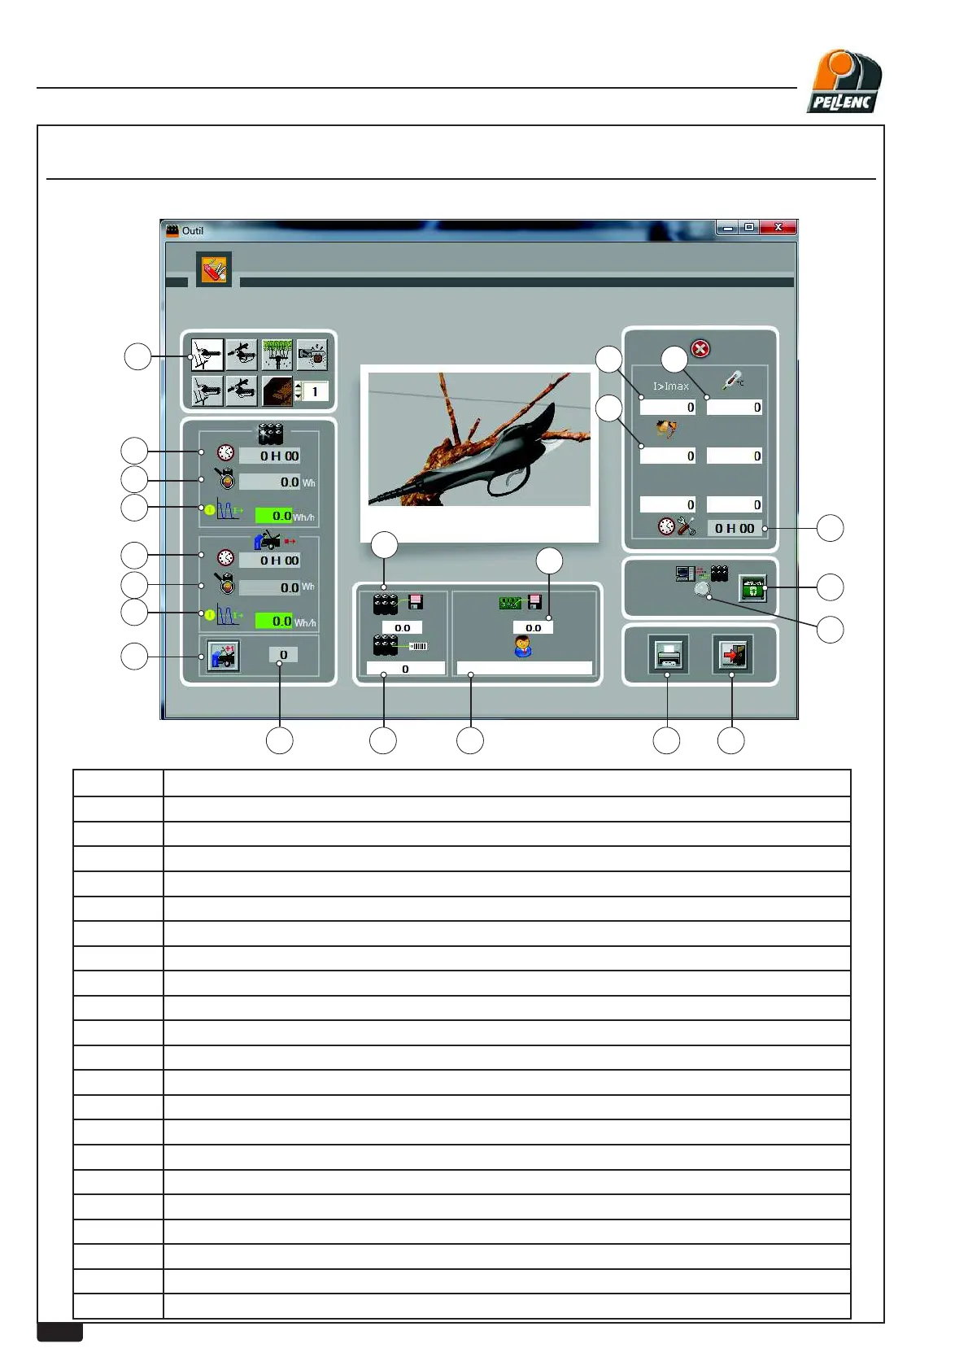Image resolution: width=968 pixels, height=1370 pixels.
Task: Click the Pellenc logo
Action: [844, 82]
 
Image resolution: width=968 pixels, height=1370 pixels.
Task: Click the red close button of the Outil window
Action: [778, 228]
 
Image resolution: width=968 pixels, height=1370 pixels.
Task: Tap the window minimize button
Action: [727, 228]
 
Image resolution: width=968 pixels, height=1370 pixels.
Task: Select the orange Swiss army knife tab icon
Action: [214, 270]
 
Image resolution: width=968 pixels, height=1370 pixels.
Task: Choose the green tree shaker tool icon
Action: [277, 355]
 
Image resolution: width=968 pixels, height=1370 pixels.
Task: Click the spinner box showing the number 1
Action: [315, 391]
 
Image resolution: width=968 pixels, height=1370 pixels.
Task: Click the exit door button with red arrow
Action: [732, 654]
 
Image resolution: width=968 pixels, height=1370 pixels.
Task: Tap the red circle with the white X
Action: [700, 349]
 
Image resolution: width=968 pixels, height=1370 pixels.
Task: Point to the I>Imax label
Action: [670, 386]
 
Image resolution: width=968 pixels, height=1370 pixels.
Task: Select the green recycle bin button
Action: [753, 587]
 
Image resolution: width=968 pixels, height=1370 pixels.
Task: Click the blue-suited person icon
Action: [523, 647]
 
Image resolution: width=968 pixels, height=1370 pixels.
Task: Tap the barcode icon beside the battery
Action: [418, 646]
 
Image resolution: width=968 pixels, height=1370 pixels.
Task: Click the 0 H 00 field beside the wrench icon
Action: [734, 528]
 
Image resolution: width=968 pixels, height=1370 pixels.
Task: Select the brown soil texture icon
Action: [277, 391]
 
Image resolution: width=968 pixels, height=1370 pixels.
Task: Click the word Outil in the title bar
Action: [193, 231]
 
